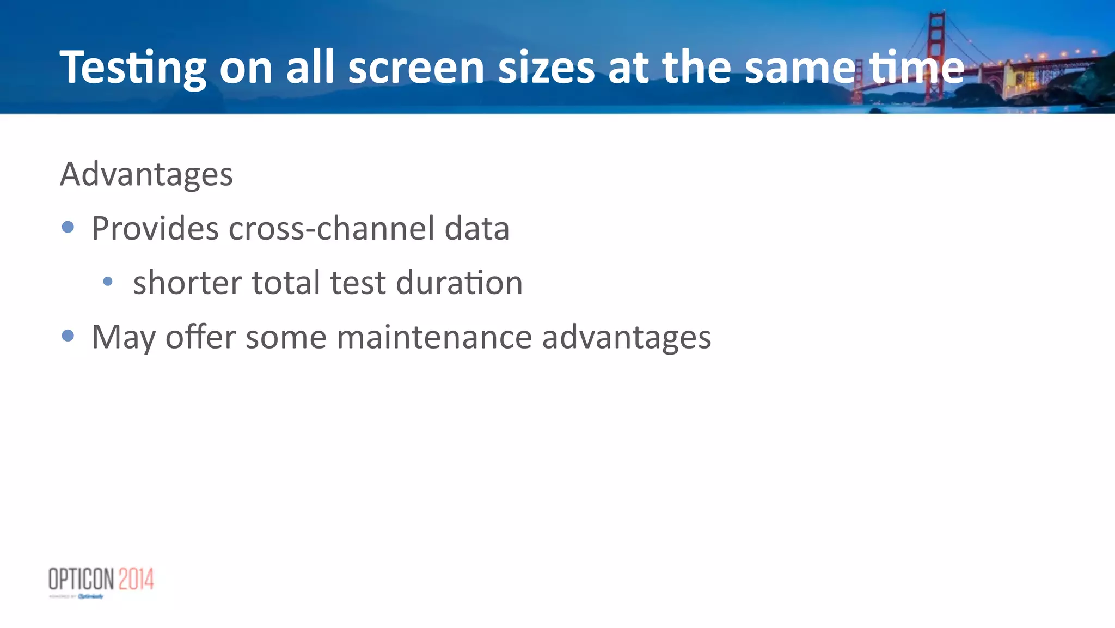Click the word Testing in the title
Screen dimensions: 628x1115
[133, 68]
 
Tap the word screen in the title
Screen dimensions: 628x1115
[416, 68]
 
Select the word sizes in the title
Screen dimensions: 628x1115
[546, 68]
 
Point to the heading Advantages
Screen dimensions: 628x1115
[146, 175]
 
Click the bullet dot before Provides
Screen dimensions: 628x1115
[68, 227]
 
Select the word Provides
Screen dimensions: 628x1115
[155, 229]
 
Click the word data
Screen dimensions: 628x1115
[477, 229]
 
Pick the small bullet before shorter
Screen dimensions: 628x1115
[108, 282]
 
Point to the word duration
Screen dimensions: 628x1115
[459, 283]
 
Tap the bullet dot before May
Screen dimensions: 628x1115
[68, 336]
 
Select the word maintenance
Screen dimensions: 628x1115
[434, 338]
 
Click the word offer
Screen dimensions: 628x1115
[200, 338]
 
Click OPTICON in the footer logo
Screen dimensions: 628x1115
[81, 579]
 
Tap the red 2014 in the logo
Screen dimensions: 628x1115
[136, 579]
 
